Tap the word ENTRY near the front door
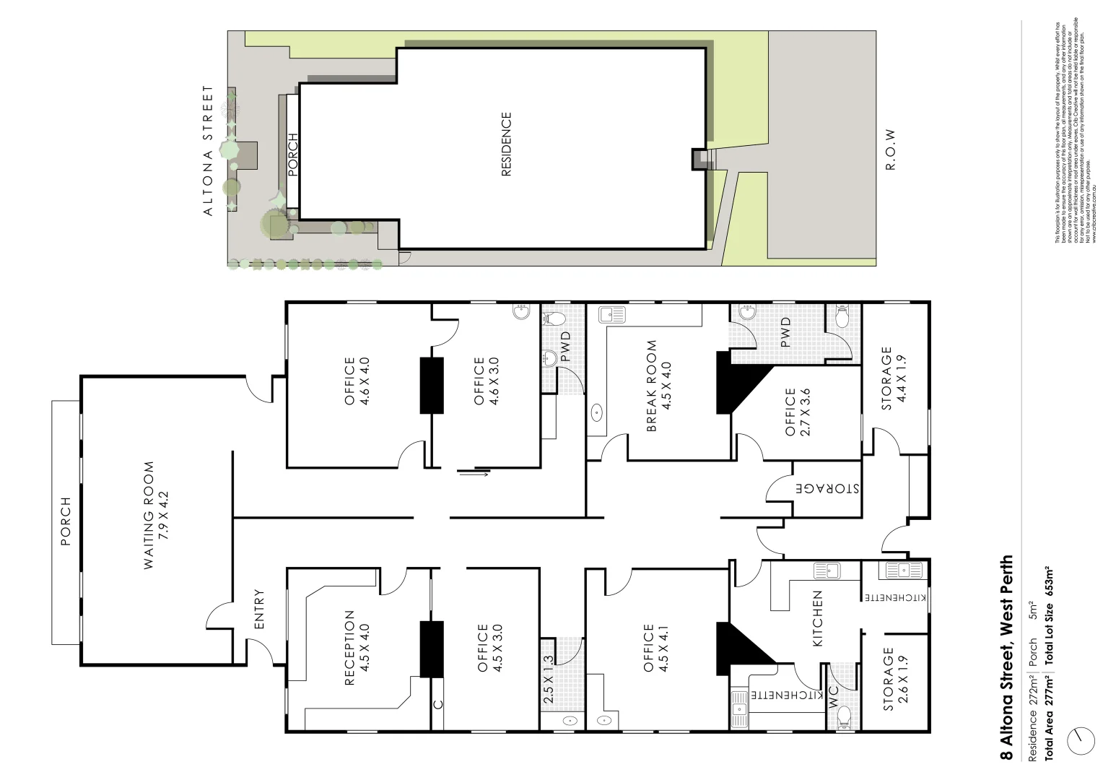tap(259, 610)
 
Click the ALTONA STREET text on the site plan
tap(209, 151)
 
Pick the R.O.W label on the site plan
tap(890, 150)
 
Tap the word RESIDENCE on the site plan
tap(506, 144)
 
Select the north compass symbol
tap(1081, 741)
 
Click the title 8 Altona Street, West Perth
tap(1006, 657)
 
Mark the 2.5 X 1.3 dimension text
tap(548, 680)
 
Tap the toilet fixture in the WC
tap(844, 717)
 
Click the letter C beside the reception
tap(437, 704)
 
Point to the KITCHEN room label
tap(818, 619)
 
